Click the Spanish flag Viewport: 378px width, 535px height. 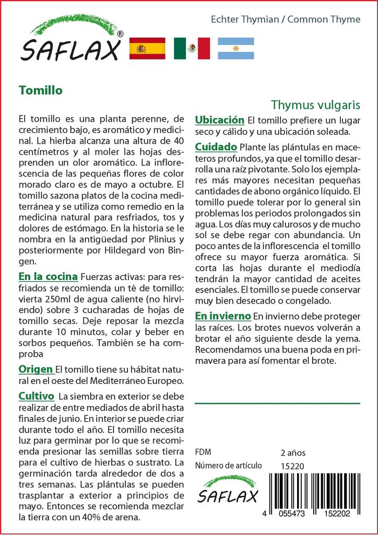pos(147,49)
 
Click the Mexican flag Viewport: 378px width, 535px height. pos(192,49)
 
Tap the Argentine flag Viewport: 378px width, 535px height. pos(235,49)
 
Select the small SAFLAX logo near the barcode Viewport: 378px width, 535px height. pos(227,490)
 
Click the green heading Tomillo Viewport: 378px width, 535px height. pos(40,90)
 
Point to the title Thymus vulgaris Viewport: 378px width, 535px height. pos(315,104)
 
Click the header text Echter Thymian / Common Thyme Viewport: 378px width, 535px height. pos(285,19)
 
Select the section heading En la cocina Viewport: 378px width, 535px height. pos(48,276)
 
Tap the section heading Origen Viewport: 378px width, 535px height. pos(36,369)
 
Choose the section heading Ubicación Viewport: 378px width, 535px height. pos(219,120)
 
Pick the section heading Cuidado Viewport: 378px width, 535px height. pos(216,147)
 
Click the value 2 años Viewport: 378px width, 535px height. pos(293,452)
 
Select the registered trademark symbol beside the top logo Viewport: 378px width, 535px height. pos(121,34)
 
